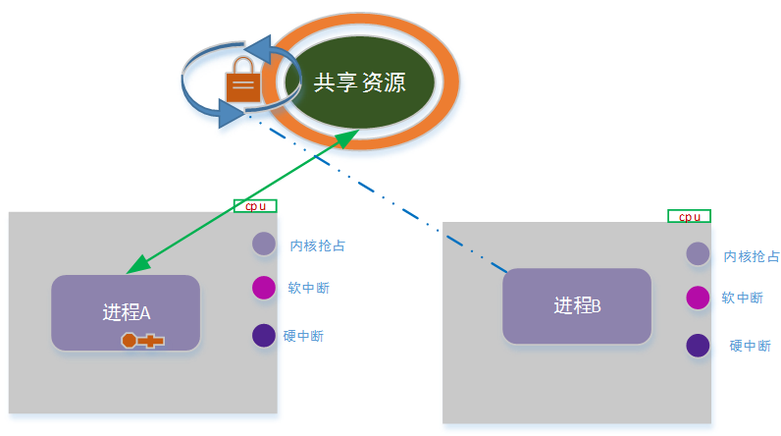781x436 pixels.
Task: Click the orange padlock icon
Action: [x=243, y=80]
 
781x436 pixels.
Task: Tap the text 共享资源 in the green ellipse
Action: [x=360, y=82]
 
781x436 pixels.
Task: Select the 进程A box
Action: [x=126, y=312]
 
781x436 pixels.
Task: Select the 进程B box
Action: [x=577, y=305]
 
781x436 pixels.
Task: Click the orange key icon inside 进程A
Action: [x=143, y=341]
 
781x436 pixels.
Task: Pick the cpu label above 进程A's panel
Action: [x=255, y=206]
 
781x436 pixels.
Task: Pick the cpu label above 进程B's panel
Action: [x=690, y=216]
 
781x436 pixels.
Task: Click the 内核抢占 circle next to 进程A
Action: [x=264, y=244]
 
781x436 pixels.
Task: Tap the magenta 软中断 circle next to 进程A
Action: [x=264, y=288]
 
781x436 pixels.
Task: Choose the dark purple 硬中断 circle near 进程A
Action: [x=264, y=335]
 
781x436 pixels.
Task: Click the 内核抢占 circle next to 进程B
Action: [x=698, y=253]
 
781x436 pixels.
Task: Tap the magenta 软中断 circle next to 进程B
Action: [x=698, y=298]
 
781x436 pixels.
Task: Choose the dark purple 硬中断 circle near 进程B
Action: [x=698, y=346]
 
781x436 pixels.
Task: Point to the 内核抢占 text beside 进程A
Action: [x=318, y=245]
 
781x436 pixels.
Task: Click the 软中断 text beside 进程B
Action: [x=742, y=298]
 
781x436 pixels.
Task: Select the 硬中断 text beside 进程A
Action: [x=303, y=336]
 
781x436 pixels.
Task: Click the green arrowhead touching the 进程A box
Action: [x=137, y=265]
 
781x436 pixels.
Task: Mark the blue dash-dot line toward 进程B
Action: [x=377, y=193]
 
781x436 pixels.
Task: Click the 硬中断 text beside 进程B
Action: [x=751, y=346]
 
